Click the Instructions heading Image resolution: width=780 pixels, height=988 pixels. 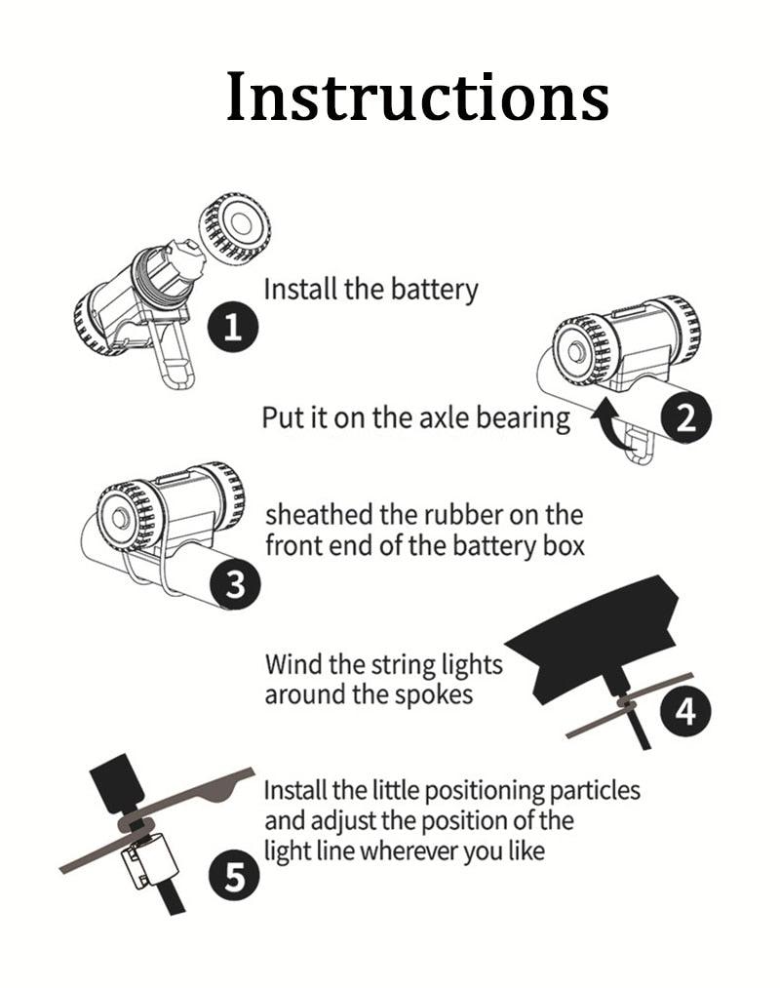coord(417,98)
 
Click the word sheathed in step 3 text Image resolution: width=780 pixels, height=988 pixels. coord(313,514)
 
